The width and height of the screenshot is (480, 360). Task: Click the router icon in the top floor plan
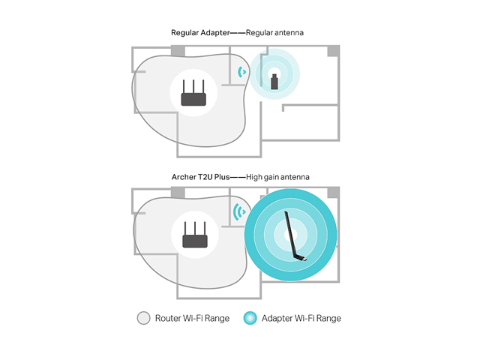click(x=193, y=93)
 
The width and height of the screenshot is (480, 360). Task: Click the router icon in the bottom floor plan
click(x=195, y=235)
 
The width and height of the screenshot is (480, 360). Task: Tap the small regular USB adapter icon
click(x=274, y=82)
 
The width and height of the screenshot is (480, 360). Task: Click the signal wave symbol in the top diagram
click(x=241, y=72)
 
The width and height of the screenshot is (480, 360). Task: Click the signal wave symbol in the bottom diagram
click(x=239, y=211)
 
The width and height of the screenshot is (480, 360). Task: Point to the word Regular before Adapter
click(x=184, y=33)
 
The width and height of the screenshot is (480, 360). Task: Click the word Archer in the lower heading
click(x=181, y=177)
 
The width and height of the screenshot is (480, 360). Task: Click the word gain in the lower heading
click(x=271, y=177)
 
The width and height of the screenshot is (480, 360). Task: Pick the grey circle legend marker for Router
click(x=143, y=318)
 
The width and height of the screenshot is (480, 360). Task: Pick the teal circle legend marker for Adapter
click(x=250, y=318)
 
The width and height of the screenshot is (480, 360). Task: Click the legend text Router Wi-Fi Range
click(x=192, y=318)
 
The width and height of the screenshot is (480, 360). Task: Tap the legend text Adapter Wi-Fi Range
click(x=301, y=318)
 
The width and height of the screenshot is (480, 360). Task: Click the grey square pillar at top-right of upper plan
click(x=334, y=51)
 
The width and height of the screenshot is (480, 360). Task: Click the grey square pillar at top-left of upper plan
click(x=178, y=51)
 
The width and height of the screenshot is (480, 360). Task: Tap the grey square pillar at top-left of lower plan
click(x=178, y=193)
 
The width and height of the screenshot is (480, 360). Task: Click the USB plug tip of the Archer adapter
click(x=305, y=260)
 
